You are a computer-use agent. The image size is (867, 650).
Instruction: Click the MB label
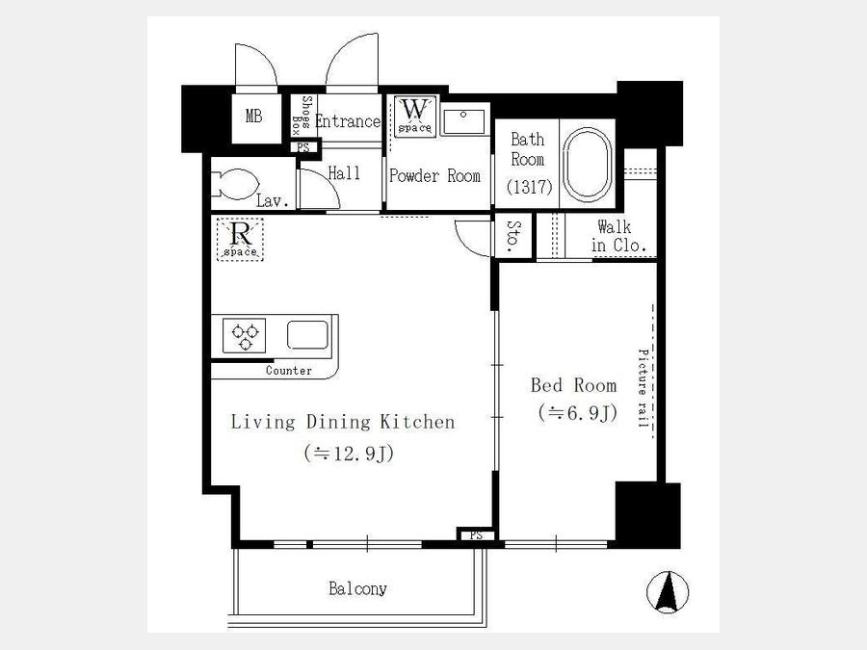(x=253, y=117)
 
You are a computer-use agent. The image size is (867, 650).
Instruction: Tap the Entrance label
(x=348, y=121)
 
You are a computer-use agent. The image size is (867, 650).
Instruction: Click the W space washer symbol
(x=415, y=117)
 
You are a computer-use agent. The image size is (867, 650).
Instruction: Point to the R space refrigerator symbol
(x=240, y=239)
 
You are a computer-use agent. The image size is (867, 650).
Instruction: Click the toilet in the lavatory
(x=236, y=184)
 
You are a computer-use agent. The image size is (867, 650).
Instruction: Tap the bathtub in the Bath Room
(x=588, y=164)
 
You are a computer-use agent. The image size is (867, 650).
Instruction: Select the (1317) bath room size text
(x=529, y=187)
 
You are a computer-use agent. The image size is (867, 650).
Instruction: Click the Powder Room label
(x=434, y=176)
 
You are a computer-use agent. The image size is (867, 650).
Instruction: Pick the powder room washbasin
(x=464, y=121)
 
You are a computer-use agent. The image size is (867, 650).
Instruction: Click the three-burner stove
(x=245, y=335)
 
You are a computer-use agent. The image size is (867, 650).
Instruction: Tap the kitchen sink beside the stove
(x=307, y=335)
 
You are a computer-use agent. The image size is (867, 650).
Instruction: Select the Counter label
(x=289, y=371)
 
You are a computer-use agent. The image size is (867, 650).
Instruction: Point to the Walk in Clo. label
(x=618, y=236)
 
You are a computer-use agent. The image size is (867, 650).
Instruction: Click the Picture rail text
(x=643, y=388)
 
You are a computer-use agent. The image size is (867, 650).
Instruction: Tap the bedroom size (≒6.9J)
(x=578, y=412)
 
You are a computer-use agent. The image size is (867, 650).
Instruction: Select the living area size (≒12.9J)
(x=349, y=454)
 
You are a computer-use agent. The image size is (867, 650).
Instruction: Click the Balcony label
(x=357, y=588)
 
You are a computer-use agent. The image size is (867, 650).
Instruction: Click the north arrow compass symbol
(x=668, y=591)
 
